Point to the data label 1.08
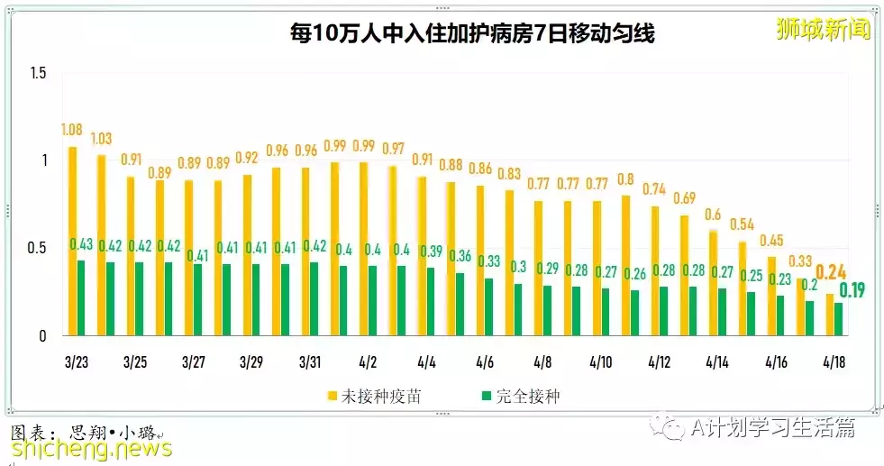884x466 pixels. [x=72, y=131]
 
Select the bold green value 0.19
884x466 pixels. [x=852, y=290]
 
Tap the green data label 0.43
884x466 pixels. [x=82, y=244]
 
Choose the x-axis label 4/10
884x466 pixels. [x=601, y=361]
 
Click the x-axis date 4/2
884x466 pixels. [x=368, y=361]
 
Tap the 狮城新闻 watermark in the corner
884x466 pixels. [x=823, y=29]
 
